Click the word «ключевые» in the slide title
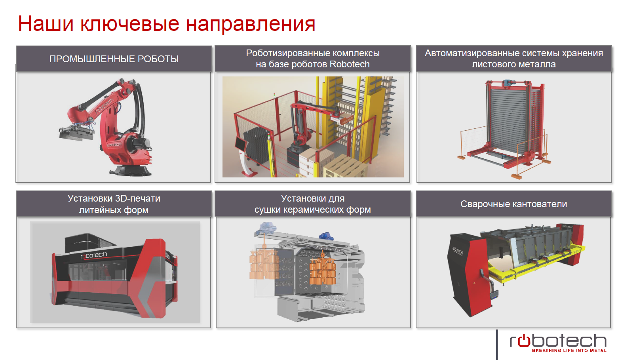coord(130,24)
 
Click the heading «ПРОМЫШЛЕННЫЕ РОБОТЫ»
coord(114,59)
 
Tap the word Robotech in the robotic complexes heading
coord(350,64)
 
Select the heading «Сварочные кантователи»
coord(514,204)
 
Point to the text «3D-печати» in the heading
coord(137,198)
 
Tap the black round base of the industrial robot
coord(130,170)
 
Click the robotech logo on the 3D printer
coord(93,255)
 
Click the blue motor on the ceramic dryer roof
coord(326,236)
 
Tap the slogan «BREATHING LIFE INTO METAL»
coord(569,350)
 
